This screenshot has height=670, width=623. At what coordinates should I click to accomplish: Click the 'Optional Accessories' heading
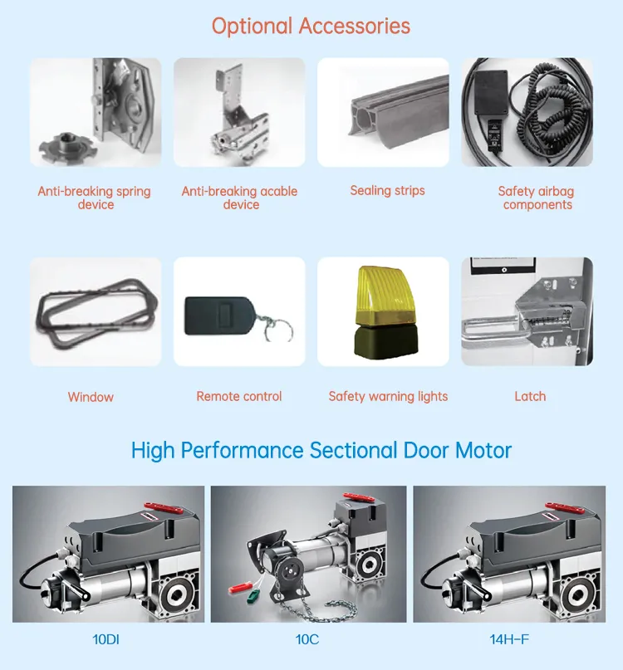pos(311,26)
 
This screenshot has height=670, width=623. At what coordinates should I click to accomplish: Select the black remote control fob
pos(218,315)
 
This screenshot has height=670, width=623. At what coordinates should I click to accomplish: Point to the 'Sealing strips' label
pos(387,190)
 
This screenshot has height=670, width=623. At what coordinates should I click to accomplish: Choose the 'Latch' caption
pos(530,396)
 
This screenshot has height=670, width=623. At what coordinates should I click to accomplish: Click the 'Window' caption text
pos(91,397)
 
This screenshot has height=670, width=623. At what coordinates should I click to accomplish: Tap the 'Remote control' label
pos(239,396)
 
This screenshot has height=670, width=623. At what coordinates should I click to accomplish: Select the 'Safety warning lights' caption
pos(388,396)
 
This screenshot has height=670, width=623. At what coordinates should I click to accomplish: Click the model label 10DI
pos(108,640)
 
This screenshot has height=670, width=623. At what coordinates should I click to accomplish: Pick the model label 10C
pos(308,640)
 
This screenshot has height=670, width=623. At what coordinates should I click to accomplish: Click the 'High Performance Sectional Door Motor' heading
pos(321,450)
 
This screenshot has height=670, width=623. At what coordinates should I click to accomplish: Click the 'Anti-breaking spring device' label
pos(95,198)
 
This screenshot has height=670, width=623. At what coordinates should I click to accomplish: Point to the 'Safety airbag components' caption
pos(537,198)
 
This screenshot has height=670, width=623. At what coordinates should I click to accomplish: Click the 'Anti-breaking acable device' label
pos(239,198)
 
